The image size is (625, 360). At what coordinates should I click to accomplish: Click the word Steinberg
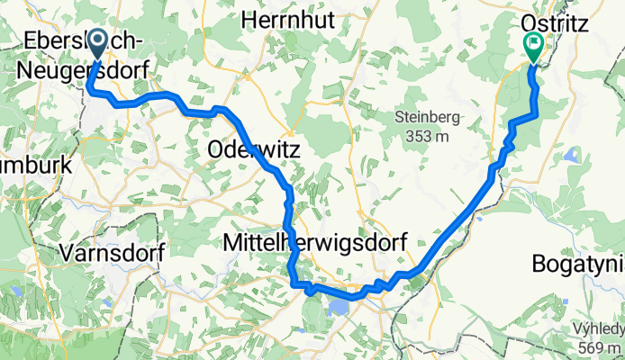coord(428,117)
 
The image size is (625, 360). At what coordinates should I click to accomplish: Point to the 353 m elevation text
coord(427,136)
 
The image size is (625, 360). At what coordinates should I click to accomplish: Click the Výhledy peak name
coord(595,329)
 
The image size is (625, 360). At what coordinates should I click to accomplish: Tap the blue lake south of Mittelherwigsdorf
coord(339,308)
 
